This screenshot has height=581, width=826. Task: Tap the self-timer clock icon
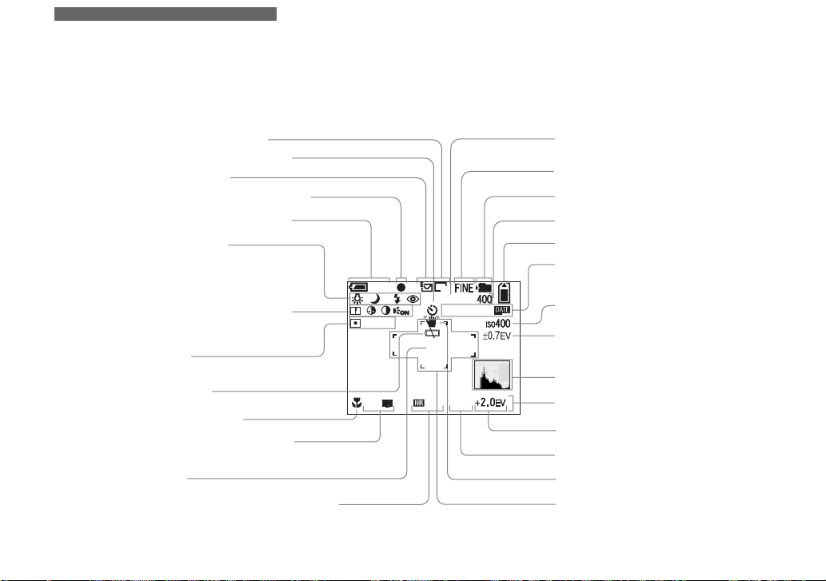(x=433, y=308)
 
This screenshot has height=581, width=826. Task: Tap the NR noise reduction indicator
(x=418, y=404)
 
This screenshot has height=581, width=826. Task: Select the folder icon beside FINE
(x=485, y=286)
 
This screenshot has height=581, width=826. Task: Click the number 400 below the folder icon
(x=485, y=299)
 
